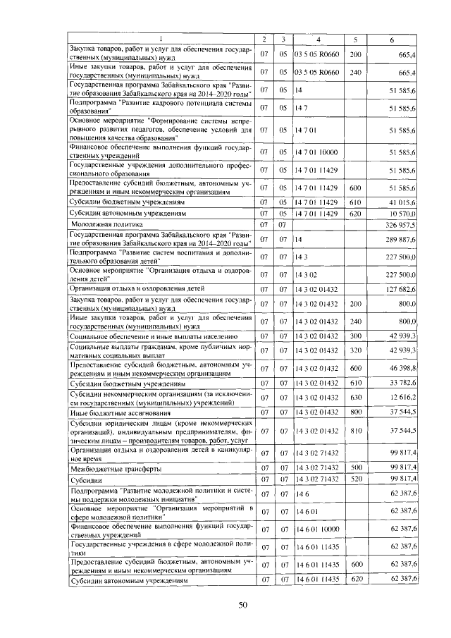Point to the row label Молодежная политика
pos(98,224)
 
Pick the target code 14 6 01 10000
pos(319,528)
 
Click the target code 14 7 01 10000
pos(319,152)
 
